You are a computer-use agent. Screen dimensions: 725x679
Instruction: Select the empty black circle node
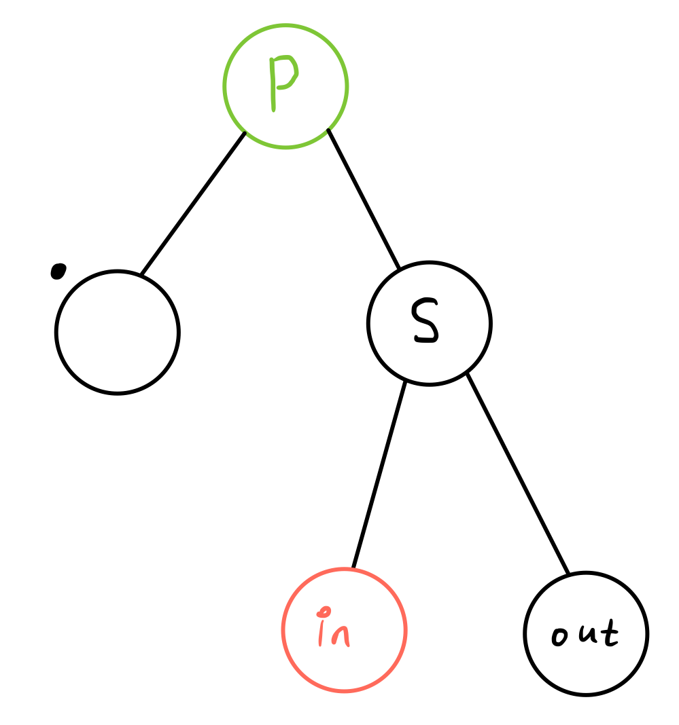click(x=117, y=333)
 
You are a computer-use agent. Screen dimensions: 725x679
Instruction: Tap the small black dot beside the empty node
click(x=58, y=271)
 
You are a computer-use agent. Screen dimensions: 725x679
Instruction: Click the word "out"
click(x=585, y=635)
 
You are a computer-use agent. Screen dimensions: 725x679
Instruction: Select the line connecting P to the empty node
click(x=193, y=202)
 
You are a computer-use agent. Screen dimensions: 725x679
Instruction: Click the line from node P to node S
click(x=364, y=198)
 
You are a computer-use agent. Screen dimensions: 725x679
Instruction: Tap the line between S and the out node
click(x=518, y=473)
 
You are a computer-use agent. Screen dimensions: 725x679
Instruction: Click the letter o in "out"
click(x=559, y=638)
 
